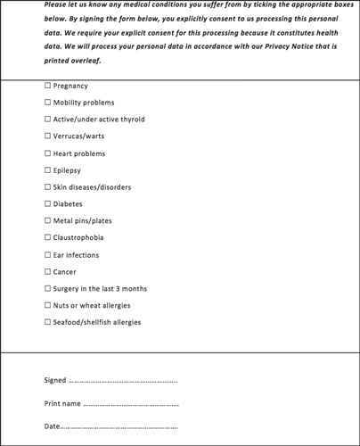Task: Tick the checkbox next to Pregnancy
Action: [47, 86]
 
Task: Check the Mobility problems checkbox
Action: [47, 103]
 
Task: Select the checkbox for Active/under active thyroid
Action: [47, 120]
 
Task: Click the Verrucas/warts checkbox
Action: [47, 136]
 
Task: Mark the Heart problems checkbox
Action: [47, 153]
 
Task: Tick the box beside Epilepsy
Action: [47, 170]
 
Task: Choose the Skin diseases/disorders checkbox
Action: [47, 187]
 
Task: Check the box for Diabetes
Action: [47, 204]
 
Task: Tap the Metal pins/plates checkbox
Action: [47, 221]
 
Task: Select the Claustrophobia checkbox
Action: [47, 238]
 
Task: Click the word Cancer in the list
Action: [65, 272]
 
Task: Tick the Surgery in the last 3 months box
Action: [47, 289]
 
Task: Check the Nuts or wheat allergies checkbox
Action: [47, 306]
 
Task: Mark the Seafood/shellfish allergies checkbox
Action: [47, 323]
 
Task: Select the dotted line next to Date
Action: [119, 426]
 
